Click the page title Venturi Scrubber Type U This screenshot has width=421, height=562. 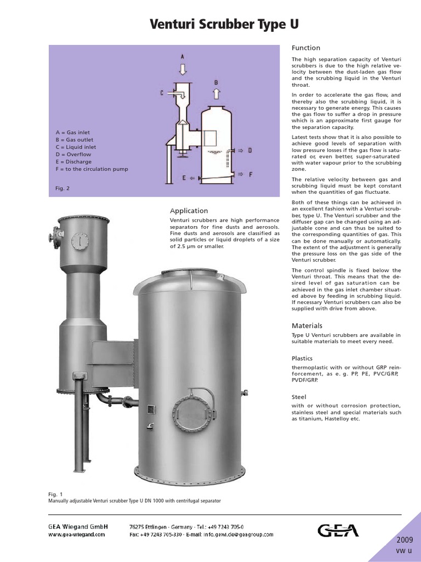coord(225,25)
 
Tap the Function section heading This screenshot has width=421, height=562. coord(305,48)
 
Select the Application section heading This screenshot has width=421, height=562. coord(189,210)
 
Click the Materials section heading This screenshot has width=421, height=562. coord(306,325)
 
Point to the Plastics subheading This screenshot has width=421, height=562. coord(302,358)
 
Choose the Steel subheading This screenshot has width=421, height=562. coord(299,396)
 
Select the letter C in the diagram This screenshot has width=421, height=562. coord(162,93)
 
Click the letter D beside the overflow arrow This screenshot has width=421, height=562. coord(249,150)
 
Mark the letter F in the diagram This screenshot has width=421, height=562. coord(250,175)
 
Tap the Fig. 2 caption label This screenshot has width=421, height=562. coord(62,188)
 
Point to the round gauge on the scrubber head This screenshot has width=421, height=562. coord(80,240)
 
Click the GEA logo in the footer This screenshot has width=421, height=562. coord(338,530)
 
